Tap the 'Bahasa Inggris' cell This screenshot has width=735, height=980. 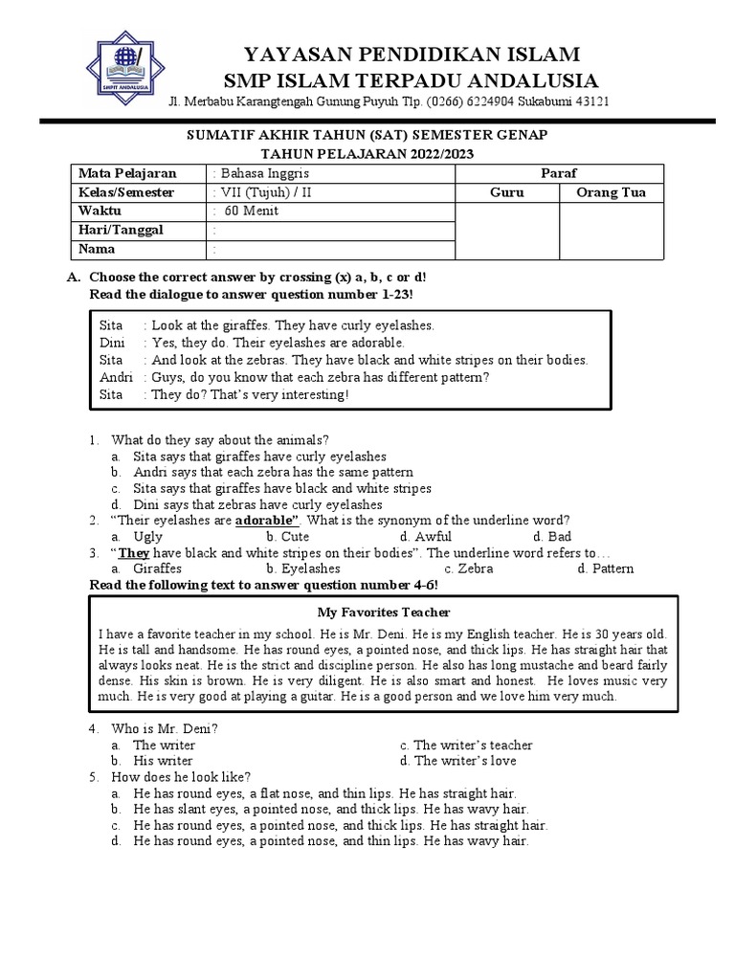[261, 173]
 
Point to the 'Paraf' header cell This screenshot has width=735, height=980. [559, 173]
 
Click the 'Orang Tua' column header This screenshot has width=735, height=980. [611, 192]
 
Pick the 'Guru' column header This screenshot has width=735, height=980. [507, 192]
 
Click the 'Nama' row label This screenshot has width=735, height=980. [98, 249]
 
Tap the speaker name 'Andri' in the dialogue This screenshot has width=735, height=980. [116, 377]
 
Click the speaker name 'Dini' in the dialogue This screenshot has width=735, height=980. [113, 343]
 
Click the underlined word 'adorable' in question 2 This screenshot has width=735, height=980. [267, 521]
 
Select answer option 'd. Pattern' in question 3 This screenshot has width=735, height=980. [605, 568]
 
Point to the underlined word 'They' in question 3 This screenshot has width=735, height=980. [134, 553]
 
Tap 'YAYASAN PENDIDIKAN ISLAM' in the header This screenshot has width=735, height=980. [411, 53]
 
